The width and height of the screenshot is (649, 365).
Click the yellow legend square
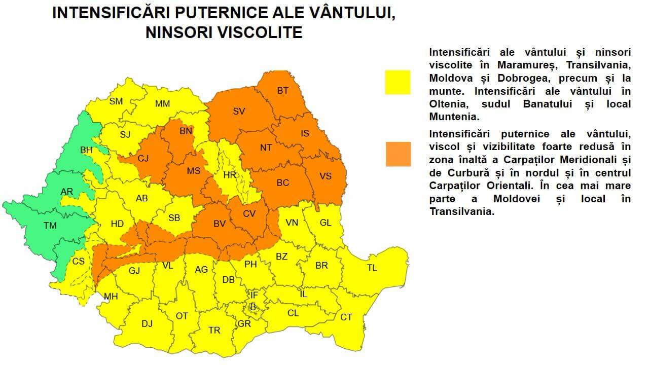coord(398,82)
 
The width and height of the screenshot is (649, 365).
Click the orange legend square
coord(398,154)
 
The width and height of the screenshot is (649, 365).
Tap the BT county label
coord(282,91)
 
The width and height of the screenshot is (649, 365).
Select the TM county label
coord(50,226)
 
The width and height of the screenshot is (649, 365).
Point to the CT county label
coord(346,317)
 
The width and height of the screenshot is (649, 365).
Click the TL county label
coord(372,268)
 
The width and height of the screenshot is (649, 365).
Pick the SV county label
coord(239,112)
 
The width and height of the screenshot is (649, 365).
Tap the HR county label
coord(230,175)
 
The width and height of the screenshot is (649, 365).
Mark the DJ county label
coord(147,324)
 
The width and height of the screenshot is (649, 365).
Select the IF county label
coord(255,295)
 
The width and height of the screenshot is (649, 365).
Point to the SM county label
coord(116,101)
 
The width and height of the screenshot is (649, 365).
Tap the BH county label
coord(86,151)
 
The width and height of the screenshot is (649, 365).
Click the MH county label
coord(111,297)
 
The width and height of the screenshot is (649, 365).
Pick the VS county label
coord(326,176)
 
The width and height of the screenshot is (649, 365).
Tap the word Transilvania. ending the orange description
coord(462,212)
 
